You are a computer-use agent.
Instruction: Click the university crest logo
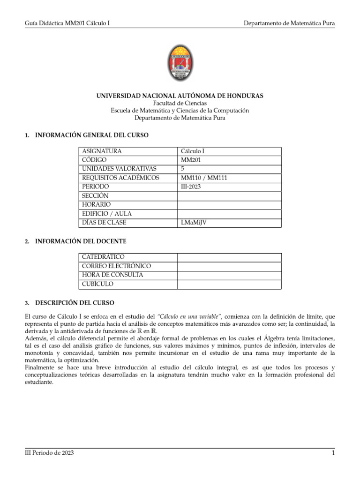pyautogui.click(x=180, y=64)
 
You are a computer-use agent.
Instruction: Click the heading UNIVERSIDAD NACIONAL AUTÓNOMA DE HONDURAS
pyautogui.click(x=180, y=96)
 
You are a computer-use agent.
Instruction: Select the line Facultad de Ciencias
pyautogui.click(x=180, y=103)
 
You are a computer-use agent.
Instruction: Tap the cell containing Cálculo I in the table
pyautogui.click(x=193, y=151)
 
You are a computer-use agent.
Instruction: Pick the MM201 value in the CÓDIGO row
pyautogui.click(x=190, y=160)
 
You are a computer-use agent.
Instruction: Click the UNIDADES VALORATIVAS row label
pyautogui.click(x=119, y=169)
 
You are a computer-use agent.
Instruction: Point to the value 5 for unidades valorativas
pyautogui.click(x=183, y=169)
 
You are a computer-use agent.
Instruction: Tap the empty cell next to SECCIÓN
pyautogui.click(x=229, y=195)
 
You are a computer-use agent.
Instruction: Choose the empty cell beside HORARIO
pyautogui.click(x=229, y=205)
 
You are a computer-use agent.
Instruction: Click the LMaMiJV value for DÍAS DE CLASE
pyautogui.click(x=194, y=223)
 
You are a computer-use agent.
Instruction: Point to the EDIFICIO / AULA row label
pyautogui.click(x=107, y=214)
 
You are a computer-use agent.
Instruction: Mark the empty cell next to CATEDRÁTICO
pyautogui.click(x=229, y=257)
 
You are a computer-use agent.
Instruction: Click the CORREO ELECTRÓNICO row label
pyautogui.click(x=116, y=266)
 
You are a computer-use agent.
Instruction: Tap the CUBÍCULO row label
pyautogui.click(x=97, y=284)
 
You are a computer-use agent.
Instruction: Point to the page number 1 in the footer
pyautogui.click(x=332, y=453)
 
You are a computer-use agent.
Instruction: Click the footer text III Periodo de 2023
pyautogui.click(x=49, y=453)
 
